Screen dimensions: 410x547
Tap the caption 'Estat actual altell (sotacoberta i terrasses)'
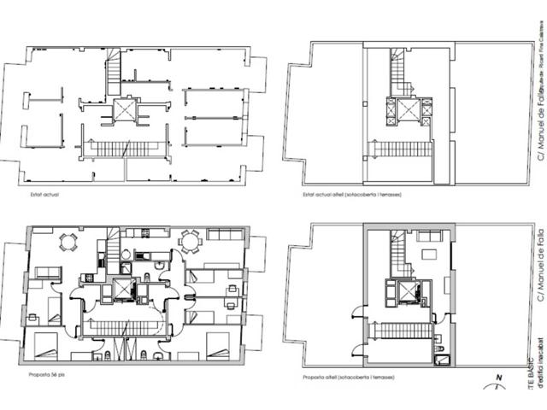click(x=352, y=195)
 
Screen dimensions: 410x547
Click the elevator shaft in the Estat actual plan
click(x=125, y=111)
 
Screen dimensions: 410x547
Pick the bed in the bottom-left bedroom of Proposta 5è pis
click(x=47, y=346)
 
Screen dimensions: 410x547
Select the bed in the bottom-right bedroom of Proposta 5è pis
click(x=218, y=346)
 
